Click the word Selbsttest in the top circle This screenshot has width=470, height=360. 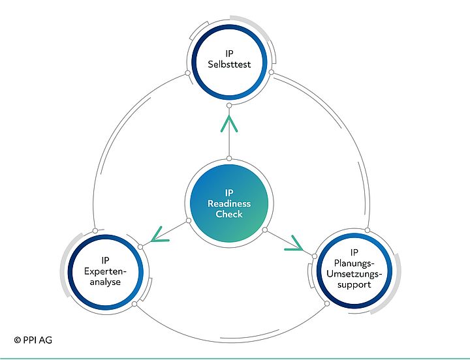[229, 64]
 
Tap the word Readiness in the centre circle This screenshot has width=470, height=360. [229, 203]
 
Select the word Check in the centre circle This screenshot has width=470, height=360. [229, 214]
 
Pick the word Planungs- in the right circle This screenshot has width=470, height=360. [354, 263]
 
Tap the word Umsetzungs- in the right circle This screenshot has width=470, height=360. [354, 274]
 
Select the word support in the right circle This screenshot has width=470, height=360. [354, 285]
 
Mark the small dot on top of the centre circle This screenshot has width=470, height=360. [229, 158]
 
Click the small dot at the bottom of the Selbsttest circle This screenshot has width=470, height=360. [229, 105]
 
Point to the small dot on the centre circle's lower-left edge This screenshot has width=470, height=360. [189, 220]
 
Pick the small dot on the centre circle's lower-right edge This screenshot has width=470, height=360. [264, 230]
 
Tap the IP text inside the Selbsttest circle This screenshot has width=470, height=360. [229, 53]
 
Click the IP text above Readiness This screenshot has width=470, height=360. [229, 193]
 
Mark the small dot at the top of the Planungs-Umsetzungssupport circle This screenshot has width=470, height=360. [368, 230]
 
